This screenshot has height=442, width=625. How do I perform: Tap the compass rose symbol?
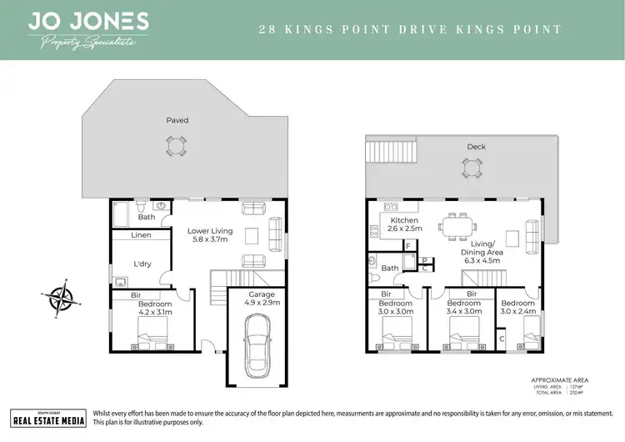[x=59, y=297]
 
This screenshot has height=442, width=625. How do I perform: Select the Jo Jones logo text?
[x=88, y=22]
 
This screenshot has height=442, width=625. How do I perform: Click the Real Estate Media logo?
[x=47, y=419]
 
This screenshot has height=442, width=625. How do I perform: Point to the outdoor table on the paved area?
[x=176, y=147]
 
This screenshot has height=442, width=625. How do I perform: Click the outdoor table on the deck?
[x=472, y=168]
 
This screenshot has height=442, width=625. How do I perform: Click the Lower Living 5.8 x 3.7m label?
[x=209, y=236]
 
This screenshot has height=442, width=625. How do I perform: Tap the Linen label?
[x=141, y=236]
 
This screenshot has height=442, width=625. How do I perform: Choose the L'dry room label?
[x=141, y=264]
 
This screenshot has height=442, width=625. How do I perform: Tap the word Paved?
[x=177, y=121]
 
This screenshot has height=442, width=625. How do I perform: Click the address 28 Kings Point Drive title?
[x=410, y=29]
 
